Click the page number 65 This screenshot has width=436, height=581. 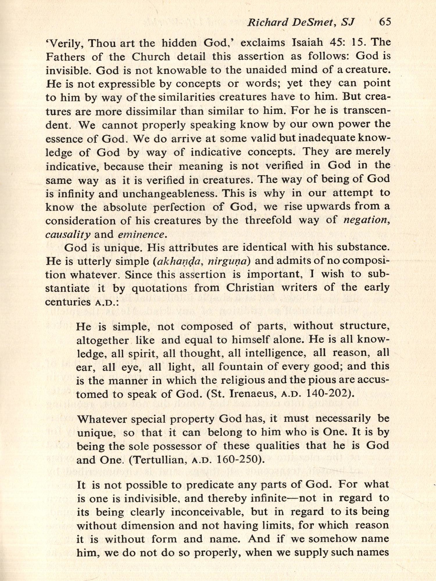click(385, 22)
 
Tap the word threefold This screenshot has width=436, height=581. click(268, 220)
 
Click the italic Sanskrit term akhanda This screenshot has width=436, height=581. click(176, 261)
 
